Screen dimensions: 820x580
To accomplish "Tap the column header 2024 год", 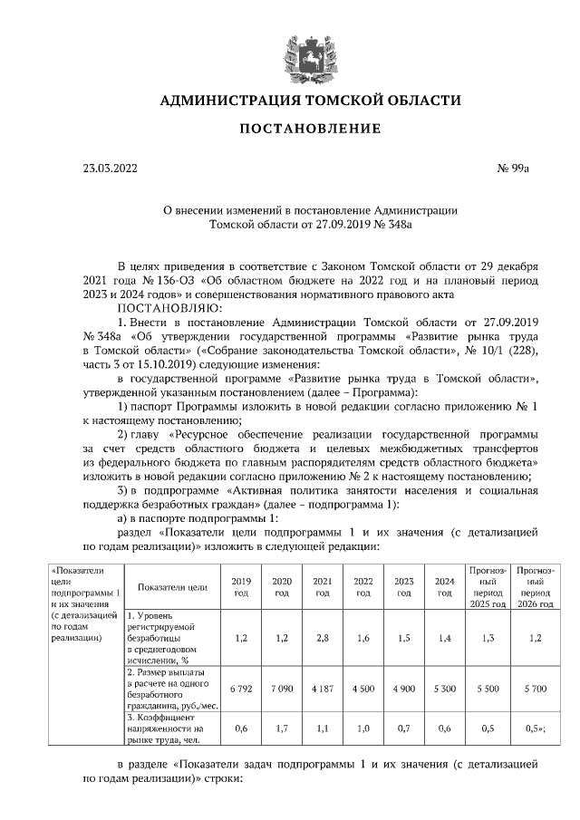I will [445, 586].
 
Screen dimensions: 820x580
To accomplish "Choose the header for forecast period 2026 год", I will [536, 586].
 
